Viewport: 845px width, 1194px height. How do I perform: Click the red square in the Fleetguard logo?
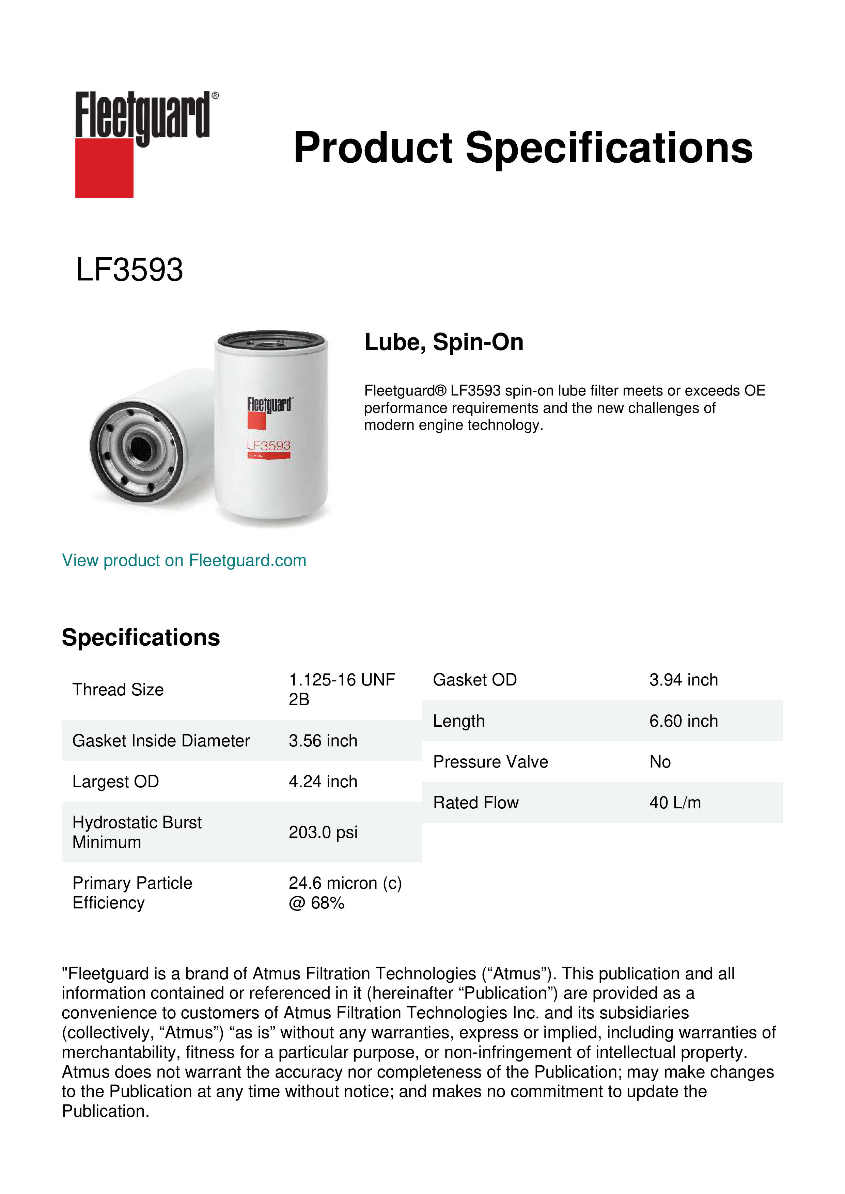coord(104,167)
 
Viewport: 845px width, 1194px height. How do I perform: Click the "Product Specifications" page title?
coord(523,148)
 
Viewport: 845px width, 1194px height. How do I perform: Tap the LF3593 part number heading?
coord(129,270)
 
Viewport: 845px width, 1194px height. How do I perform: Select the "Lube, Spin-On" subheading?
coord(444,342)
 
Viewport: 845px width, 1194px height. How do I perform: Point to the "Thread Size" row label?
coord(118,690)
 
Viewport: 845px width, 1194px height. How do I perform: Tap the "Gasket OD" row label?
coord(474,680)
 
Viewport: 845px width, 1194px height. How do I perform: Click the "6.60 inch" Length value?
coord(683,721)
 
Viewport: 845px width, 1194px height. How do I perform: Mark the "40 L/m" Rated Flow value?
coord(675,803)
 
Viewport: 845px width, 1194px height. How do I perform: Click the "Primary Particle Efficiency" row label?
coord(132,893)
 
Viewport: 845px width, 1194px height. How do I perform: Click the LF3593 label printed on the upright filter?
coord(268,446)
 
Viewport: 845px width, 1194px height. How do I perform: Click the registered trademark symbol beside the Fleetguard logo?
coord(215,96)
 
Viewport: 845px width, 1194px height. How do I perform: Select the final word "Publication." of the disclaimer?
coord(106,1111)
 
